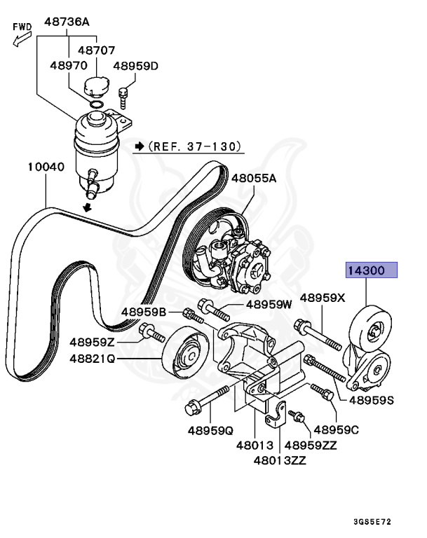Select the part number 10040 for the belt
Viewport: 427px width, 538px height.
click(46, 167)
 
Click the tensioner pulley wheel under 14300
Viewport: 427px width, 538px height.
click(372, 329)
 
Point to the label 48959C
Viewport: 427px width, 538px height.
click(336, 429)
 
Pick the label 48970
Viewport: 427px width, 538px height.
click(68, 65)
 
